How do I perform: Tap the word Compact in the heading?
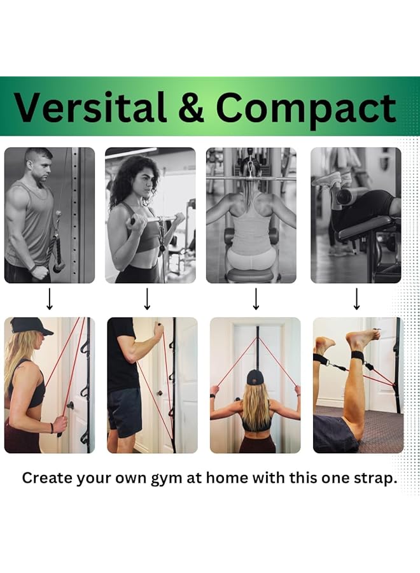tap(305, 108)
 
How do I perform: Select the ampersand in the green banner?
tap(191, 108)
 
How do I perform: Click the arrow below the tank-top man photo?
tap(50, 299)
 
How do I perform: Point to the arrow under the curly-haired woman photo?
tap(147, 299)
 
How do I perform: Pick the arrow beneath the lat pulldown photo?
tap(256, 299)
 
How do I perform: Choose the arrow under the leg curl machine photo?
tap(356, 299)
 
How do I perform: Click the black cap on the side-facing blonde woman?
tap(31, 325)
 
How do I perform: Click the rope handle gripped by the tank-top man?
tap(57, 245)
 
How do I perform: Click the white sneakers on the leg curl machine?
tap(329, 180)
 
